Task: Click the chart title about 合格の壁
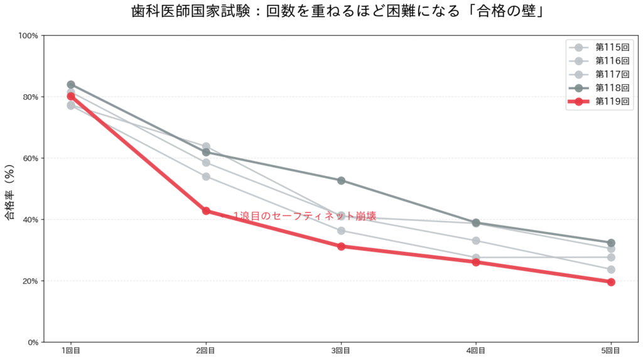pos(338,11)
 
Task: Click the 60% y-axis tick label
pos(31,158)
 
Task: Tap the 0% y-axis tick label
pos(33,342)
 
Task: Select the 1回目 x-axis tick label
pos(71,351)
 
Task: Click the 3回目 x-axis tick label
pos(341,351)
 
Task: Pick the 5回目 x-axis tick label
pos(611,351)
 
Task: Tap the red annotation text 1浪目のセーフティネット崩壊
pos(305,216)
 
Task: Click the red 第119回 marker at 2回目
pos(206,211)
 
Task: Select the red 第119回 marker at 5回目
pos(611,282)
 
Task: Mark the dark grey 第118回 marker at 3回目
pos(341,180)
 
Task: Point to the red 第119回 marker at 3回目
pos(341,246)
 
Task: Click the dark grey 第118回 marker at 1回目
pos(71,84)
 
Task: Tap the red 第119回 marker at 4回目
pos(476,262)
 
